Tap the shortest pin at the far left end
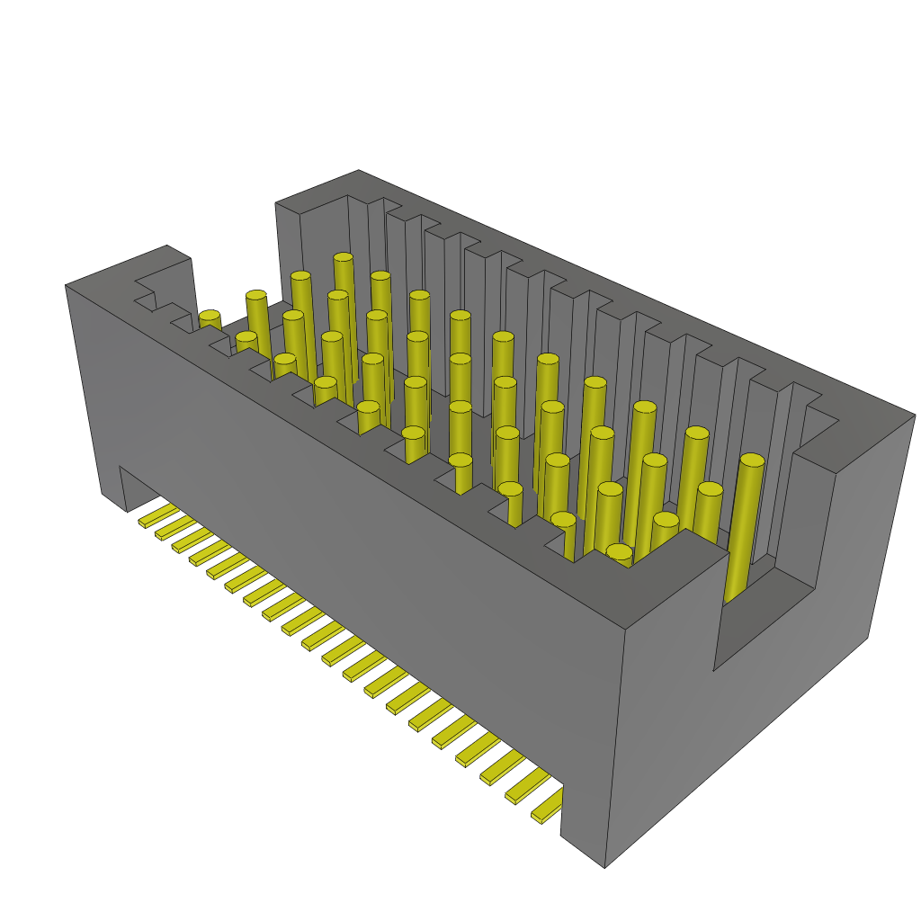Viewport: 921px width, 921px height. [x=210, y=319]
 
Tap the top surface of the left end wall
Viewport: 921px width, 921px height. [x=135, y=270]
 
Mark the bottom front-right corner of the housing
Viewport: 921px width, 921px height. [x=604, y=867]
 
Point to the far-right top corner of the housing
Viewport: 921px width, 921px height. [x=915, y=416]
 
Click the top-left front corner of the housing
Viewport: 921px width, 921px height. [x=66, y=286]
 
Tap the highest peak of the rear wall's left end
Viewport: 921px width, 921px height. [x=358, y=170]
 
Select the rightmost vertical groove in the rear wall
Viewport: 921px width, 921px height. [x=782, y=450]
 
